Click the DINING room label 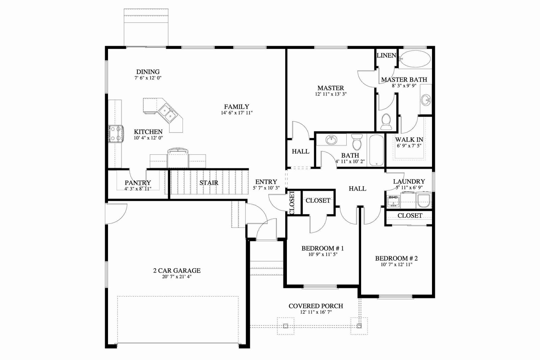coord(148,72)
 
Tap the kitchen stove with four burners coord(116,133)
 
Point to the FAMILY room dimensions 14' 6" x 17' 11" coord(237,113)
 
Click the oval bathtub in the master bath coord(415,59)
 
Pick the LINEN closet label coord(386,55)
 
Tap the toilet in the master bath coord(386,122)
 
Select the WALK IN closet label coord(409,140)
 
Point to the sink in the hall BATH coord(331,140)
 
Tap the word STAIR coord(209,183)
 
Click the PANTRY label coord(138,183)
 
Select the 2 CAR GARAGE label coord(177,271)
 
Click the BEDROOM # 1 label coord(323,248)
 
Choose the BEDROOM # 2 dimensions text coord(396,265)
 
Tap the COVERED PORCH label coord(316,306)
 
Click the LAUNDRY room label coord(409,182)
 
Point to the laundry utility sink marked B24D coord(394,202)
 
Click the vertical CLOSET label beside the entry coord(292,202)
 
